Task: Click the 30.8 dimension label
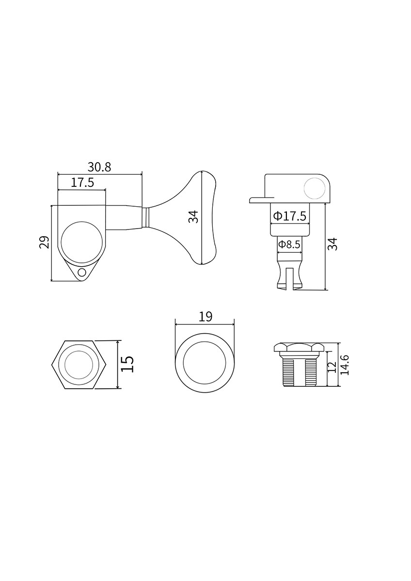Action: [99, 168]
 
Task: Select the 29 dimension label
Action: [45, 242]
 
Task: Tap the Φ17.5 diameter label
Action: [290, 215]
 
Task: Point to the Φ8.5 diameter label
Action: [289, 244]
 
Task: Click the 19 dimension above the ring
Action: [205, 317]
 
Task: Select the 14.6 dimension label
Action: [345, 365]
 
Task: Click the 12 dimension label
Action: [332, 367]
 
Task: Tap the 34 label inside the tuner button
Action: [194, 217]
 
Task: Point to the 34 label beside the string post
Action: [332, 244]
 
